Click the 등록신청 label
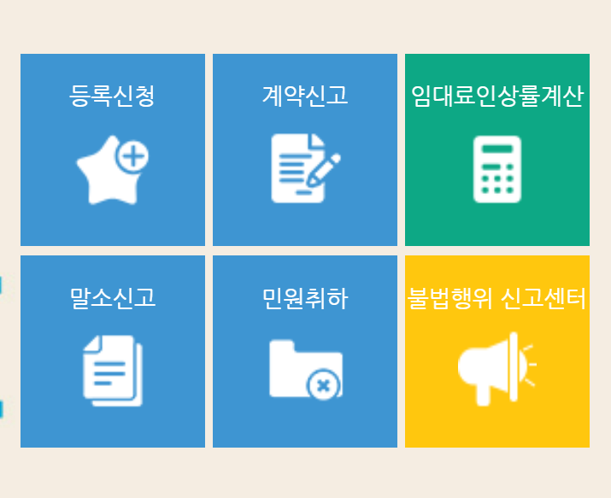point(112,96)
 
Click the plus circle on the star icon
point(132,156)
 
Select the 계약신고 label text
point(304,96)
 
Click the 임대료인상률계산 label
point(496,96)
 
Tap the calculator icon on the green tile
point(496,168)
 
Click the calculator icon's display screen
point(496,149)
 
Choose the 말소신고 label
point(112,298)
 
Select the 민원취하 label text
point(304,298)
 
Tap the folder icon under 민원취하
point(305,368)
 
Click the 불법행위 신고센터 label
point(496,298)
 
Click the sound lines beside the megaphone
point(530,366)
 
